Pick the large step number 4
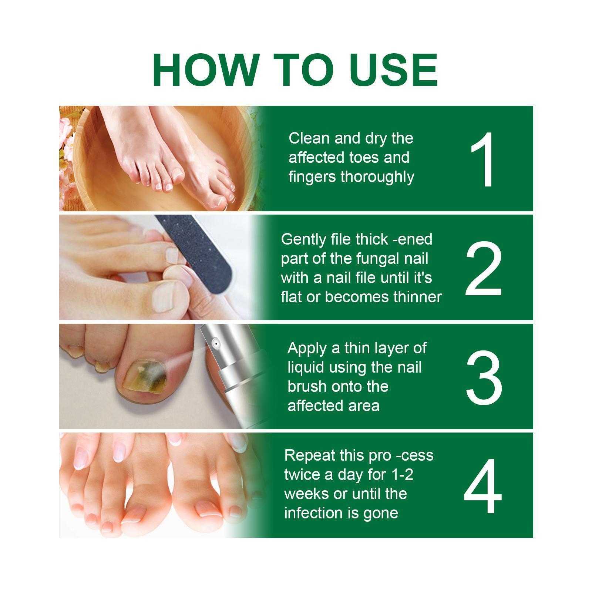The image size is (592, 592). click(483, 485)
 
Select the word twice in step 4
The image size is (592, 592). click(302, 474)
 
